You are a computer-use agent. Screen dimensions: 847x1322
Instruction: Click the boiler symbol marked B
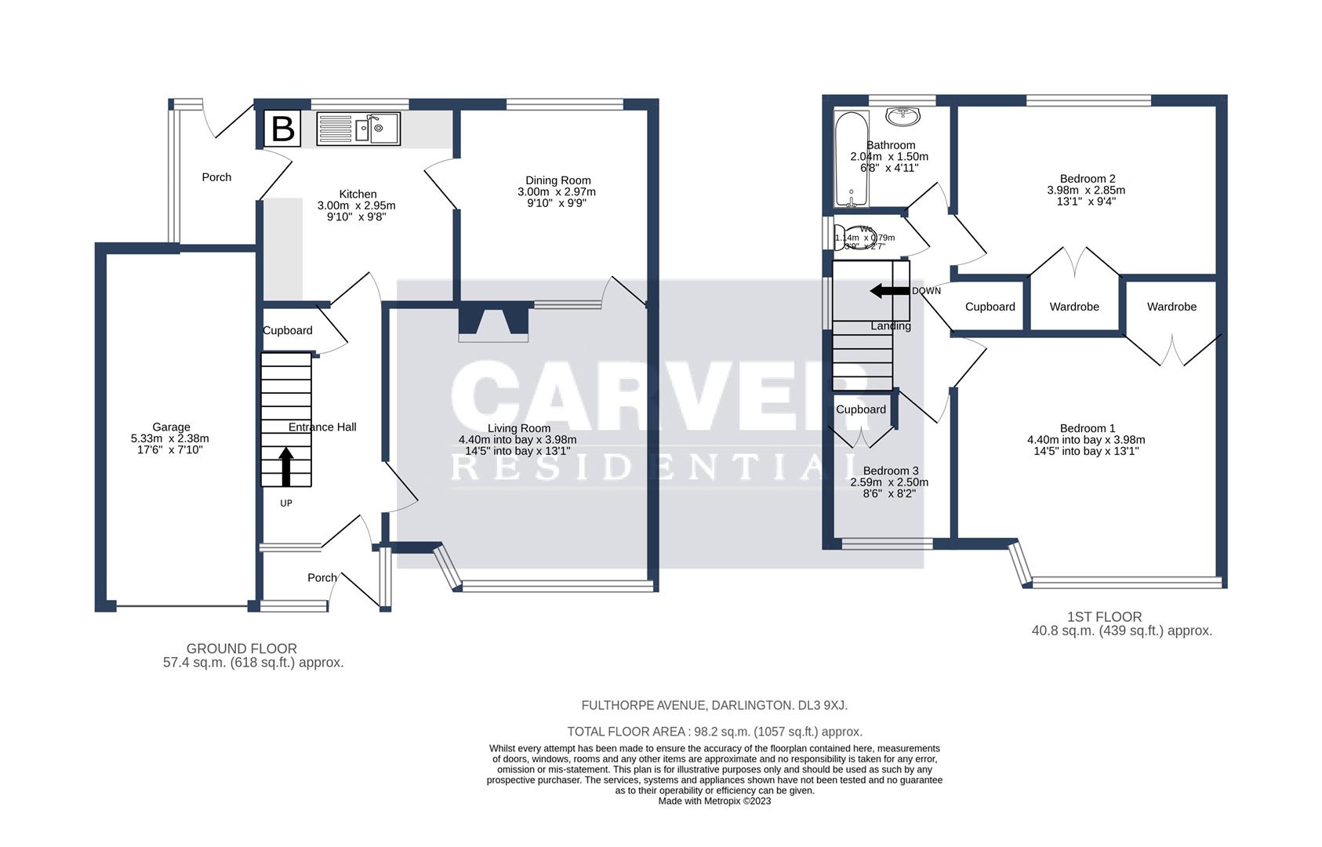(282, 129)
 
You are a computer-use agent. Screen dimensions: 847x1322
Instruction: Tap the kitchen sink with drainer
(358, 129)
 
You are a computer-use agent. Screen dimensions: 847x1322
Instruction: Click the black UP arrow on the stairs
(286, 466)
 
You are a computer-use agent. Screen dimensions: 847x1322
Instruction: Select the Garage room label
(171, 427)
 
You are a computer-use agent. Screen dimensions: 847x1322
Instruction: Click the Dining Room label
(557, 180)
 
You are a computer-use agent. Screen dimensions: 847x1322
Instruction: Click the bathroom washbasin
(903, 116)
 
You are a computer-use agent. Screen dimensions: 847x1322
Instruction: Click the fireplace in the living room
(493, 323)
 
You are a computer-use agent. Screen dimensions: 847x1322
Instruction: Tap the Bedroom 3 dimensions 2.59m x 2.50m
(889, 482)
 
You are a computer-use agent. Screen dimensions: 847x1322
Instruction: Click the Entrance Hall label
(322, 427)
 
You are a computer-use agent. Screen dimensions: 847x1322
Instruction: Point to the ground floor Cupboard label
(287, 330)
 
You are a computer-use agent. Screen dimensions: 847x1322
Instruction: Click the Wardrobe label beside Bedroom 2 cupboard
(1074, 307)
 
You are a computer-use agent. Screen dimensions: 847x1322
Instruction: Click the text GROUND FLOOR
(242, 649)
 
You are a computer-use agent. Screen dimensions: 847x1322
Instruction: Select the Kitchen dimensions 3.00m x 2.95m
(356, 205)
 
